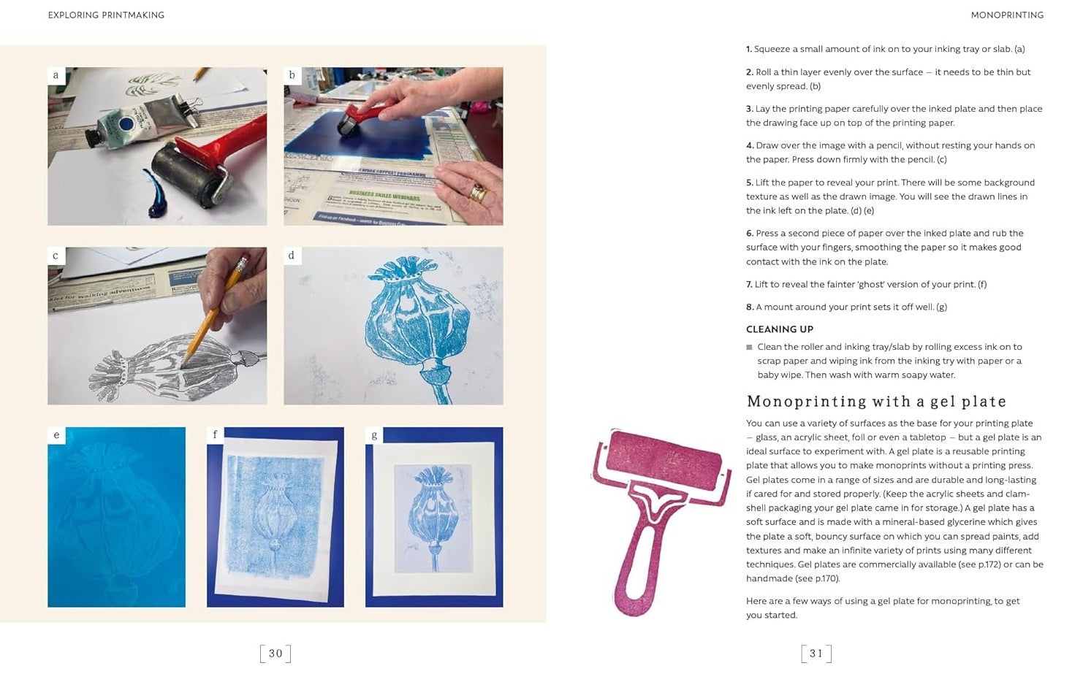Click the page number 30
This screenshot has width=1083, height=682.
point(275,654)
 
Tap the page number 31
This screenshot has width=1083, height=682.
point(816,654)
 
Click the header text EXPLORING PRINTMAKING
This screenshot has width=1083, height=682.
point(106,15)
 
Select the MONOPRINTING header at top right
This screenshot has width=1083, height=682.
point(1007,15)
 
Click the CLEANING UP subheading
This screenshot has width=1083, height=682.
point(780,329)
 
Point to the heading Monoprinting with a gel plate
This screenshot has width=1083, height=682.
point(876,402)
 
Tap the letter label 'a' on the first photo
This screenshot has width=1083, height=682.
point(56,75)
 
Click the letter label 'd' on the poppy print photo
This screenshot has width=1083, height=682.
point(292,255)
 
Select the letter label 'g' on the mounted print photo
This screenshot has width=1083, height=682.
point(373,435)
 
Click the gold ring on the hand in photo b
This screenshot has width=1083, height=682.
point(479,193)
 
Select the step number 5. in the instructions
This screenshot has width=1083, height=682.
point(749,183)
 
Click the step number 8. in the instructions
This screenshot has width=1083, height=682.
point(750,307)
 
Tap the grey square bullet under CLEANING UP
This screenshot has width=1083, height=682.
point(749,348)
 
